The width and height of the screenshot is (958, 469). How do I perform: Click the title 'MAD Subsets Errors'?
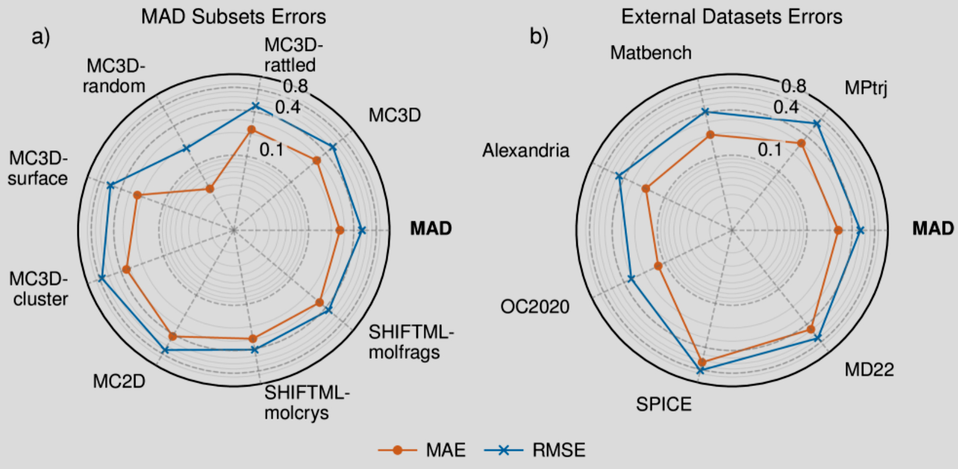point(234,16)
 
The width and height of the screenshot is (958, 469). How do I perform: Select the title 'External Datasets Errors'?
point(731,16)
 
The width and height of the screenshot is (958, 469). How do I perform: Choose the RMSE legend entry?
point(535,450)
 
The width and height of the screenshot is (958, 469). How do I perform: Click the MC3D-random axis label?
point(114,76)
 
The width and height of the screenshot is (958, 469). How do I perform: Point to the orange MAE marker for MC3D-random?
point(210,189)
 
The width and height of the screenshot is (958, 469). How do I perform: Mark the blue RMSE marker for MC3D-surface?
point(110,186)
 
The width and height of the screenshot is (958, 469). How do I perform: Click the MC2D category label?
point(119,381)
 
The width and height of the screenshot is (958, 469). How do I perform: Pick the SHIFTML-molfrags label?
point(411,342)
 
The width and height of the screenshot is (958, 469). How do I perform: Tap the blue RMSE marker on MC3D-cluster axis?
point(102,279)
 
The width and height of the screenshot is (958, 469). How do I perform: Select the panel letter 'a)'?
point(41,37)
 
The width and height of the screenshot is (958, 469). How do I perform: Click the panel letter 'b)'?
point(539,37)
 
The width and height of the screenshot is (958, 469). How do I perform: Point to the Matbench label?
point(651,53)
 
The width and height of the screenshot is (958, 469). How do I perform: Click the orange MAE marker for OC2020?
point(658,266)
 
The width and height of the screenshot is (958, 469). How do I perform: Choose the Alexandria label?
point(525,151)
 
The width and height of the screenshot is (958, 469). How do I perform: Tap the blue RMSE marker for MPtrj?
point(817,124)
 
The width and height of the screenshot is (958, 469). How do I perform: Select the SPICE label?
point(664,404)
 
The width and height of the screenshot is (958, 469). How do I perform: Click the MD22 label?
point(869,370)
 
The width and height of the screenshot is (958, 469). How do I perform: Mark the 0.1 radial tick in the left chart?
point(271,150)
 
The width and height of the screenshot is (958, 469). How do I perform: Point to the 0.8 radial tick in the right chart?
point(793,86)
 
